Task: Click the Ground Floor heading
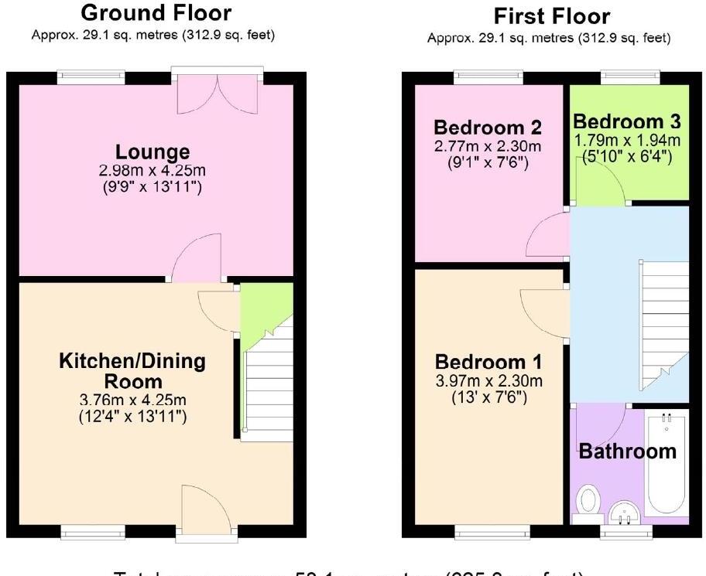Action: click(156, 13)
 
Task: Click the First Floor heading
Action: click(551, 16)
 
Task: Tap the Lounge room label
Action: click(153, 152)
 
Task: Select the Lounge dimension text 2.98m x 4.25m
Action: click(153, 170)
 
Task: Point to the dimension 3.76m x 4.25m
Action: click(132, 400)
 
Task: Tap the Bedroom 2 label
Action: click(488, 128)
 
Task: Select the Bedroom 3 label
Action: click(627, 122)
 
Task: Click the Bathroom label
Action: click(628, 451)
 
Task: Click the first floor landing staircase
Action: click(663, 325)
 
